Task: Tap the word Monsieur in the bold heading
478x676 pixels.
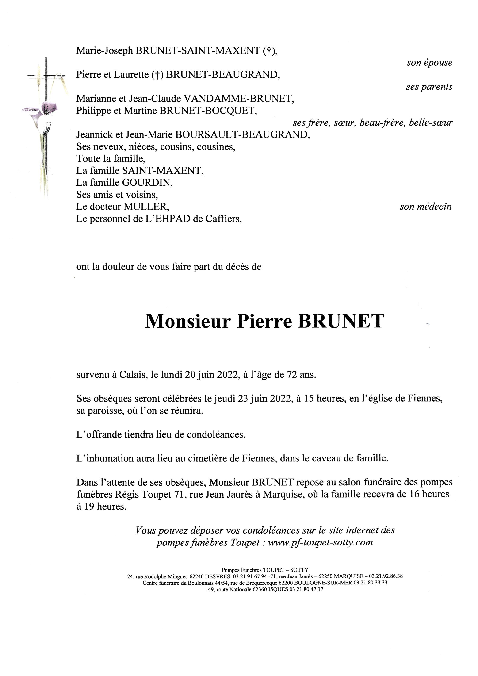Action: pos(187,321)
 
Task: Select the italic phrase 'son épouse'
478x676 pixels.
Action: pos(429,63)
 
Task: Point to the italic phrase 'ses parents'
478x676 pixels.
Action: pos(429,87)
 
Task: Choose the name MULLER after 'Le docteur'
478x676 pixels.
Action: pos(146,207)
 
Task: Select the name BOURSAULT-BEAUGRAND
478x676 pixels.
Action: pos(242,134)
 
